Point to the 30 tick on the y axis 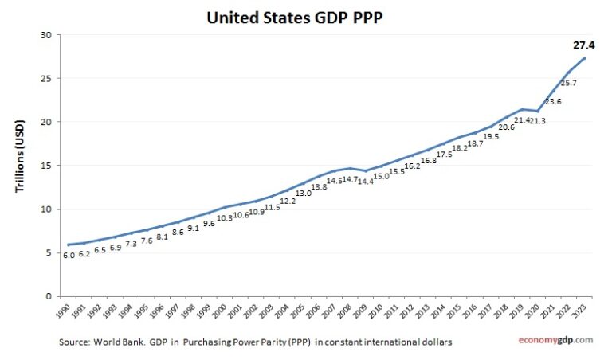tap(46, 35)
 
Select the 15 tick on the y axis tap(46, 166)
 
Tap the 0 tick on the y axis tap(49, 296)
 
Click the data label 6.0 tap(69, 256)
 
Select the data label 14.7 tap(351, 181)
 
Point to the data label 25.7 tap(569, 83)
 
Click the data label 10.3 tap(226, 218)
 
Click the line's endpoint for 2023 tap(586, 58)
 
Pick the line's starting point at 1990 tap(69, 245)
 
